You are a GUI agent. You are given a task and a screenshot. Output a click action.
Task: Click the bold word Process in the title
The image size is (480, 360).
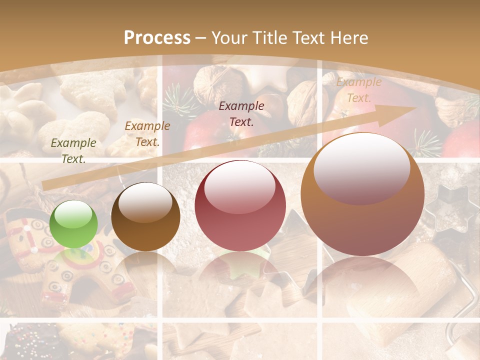(x=157, y=38)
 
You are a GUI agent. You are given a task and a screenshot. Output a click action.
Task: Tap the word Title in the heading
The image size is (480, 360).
(x=272, y=38)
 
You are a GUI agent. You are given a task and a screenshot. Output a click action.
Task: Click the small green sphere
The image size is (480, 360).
(x=73, y=224)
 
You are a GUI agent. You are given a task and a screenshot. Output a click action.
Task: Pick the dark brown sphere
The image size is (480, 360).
(x=145, y=217)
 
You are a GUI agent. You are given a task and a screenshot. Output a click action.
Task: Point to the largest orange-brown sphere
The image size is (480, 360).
(x=362, y=195)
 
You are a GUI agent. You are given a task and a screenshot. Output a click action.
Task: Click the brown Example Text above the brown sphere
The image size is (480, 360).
(x=147, y=134)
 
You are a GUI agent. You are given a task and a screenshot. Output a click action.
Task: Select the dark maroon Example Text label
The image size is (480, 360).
(x=241, y=113)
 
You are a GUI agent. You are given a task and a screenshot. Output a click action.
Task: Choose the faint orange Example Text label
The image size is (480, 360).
(x=359, y=90)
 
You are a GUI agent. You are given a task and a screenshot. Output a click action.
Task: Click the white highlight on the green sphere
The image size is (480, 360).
(x=73, y=214)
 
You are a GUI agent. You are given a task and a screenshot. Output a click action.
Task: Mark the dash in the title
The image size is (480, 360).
(x=200, y=38)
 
